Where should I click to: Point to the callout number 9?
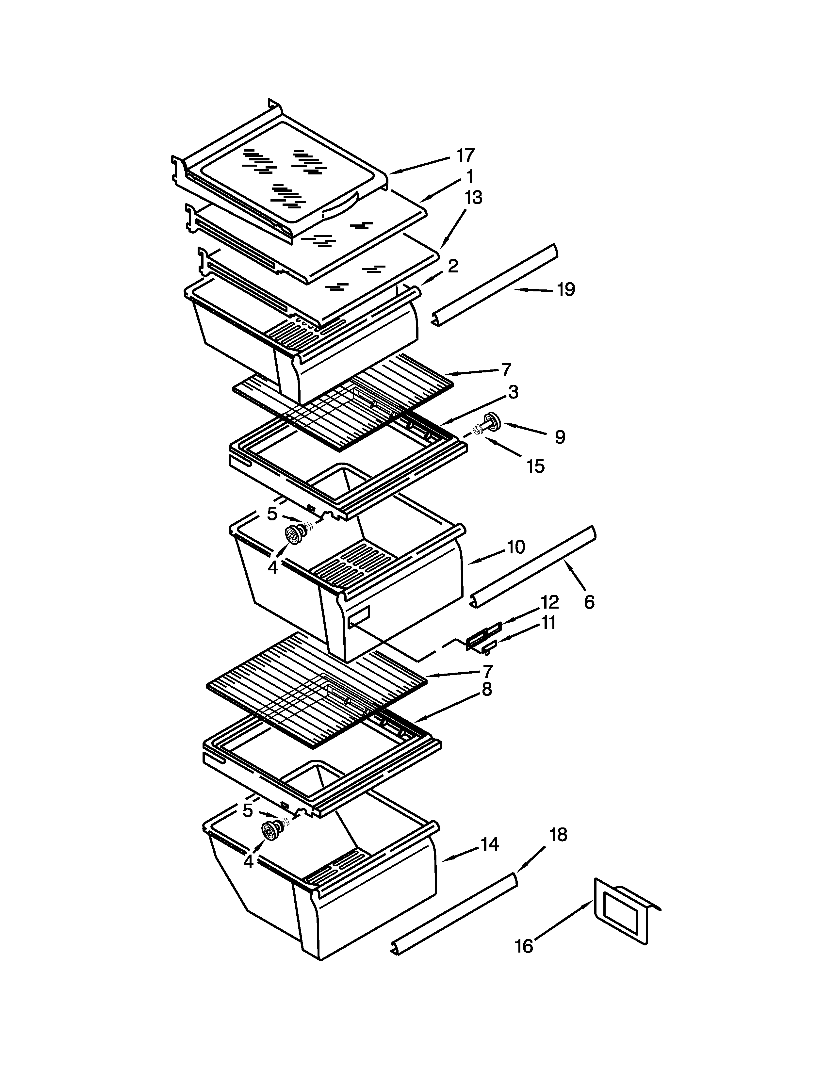[x=560, y=437]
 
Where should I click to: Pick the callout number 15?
[x=535, y=466]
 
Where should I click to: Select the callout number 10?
[x=516, y=547]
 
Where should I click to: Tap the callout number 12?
[x=549, y=602]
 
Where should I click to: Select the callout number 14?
[x=490, y=844]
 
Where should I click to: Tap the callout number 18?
[x=558, y=835]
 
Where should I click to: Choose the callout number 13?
[x=473, y=197]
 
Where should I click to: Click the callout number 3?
[x=513, y=392]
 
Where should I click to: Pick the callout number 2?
[x=452, y=267]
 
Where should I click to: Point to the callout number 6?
[x=589, y=602]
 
